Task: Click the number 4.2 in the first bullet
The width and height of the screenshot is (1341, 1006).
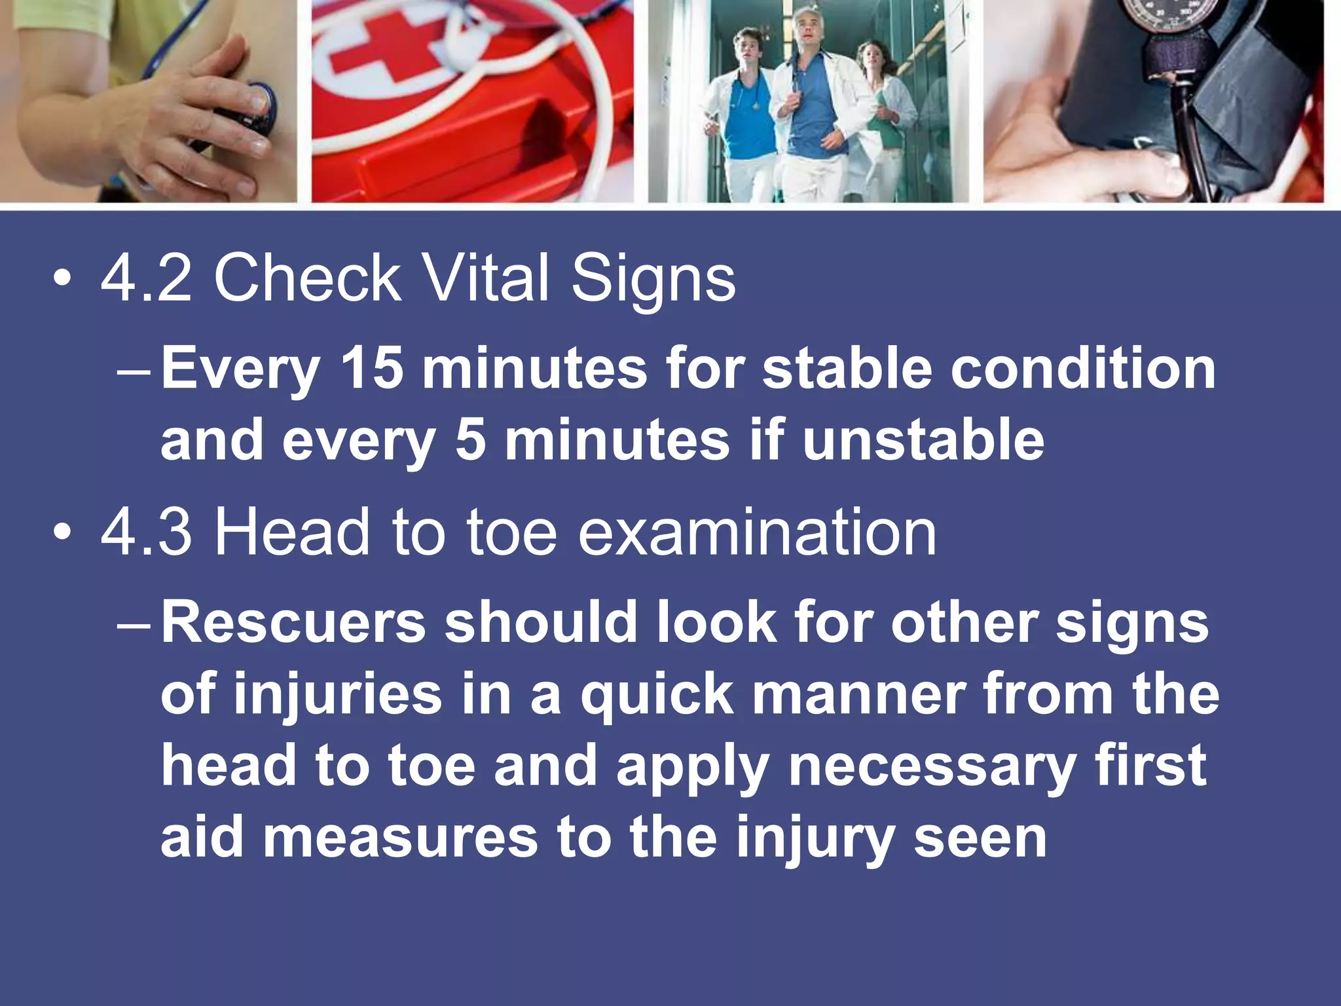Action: [146, 279]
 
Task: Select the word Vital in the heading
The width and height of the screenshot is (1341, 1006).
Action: [485, 279]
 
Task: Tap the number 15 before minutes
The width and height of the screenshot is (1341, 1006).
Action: [371, 368]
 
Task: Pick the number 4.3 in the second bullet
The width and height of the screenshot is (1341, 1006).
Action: [146, 533]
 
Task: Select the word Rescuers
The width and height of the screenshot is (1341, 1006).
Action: [294, 622]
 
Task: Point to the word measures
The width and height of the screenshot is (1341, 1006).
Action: [401, 838]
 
